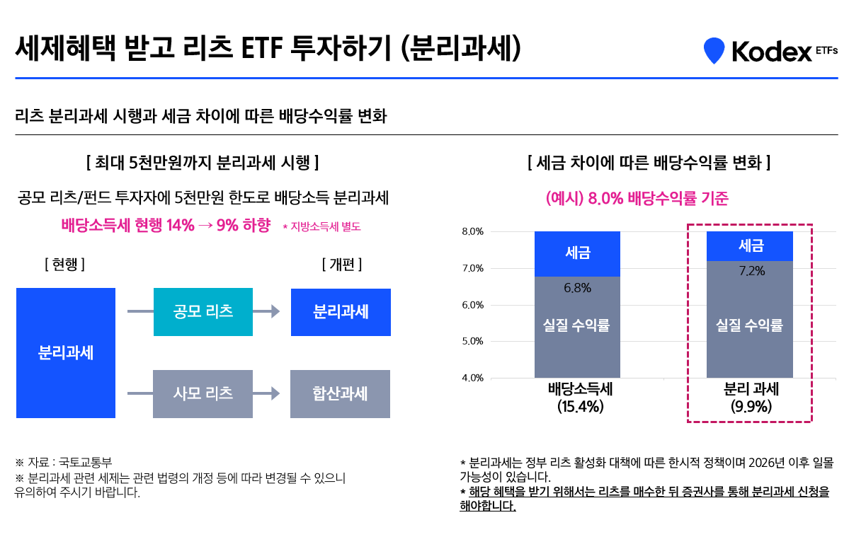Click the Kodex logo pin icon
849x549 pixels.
tap(714, 50)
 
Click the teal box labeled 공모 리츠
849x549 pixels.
tap(203, 311)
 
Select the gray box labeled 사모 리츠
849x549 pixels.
tap(203, 393)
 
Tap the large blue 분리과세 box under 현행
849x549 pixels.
tap(65, 352)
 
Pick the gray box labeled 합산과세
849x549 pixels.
tap(340, 393)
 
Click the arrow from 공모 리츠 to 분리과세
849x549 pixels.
tap(266, 311)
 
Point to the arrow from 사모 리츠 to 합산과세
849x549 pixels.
tap(266, 393)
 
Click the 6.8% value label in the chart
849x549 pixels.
tap(577, 288)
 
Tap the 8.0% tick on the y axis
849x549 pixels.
tap(472, 231)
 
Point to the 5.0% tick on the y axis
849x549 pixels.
tap(472, 341)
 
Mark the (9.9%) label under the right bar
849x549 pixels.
tap(751, 407)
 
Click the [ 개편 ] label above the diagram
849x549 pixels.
tap(341, 265)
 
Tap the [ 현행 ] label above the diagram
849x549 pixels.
tap(64, 265)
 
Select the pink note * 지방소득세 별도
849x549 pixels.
tap(321, 227)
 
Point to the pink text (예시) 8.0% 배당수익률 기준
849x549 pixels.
tap(637, 198)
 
